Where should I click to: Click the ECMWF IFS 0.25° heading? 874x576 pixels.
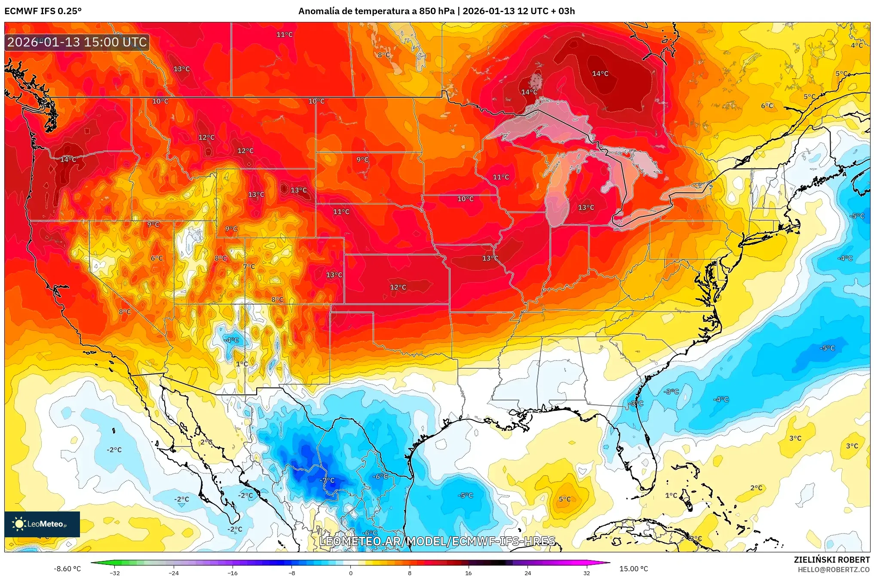pos(43,11)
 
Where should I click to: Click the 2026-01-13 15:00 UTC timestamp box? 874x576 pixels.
pos(77,42)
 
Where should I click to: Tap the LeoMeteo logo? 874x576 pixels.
pos(42,524)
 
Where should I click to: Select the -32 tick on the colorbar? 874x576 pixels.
pos(114,573)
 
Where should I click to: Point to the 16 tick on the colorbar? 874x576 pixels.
pos(468,573)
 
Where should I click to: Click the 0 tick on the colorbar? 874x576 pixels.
pos(350,573)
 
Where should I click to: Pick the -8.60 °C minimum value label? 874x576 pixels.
pos(67,569)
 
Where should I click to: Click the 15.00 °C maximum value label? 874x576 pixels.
pos(633,569)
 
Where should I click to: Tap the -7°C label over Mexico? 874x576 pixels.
pos(327,480)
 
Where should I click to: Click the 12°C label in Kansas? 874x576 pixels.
pos(398,287)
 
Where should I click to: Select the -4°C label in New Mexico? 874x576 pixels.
pos(232,340)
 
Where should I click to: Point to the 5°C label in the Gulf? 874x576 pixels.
pos(564,499)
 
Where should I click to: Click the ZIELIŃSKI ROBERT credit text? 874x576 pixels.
pos(831,560)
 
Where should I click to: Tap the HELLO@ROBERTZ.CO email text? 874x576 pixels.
pos(834,570)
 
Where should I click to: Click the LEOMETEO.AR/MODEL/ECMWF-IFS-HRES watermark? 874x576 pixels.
pos(437,541)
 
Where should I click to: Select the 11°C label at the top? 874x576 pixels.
pos(284,34)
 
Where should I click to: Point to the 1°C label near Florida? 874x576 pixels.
pos(671,495)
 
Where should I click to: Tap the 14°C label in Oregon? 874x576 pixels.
pos(68,159)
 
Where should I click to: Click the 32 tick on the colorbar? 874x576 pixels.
pos(586,573)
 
